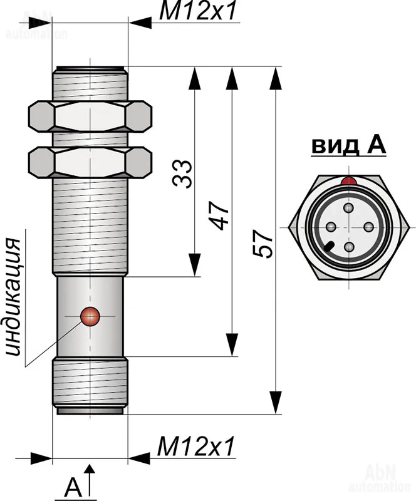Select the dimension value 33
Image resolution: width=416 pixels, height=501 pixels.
click(x=182, y=173)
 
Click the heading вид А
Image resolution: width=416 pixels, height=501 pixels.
click(x=348, y=146)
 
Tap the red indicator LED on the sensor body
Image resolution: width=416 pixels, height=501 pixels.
click(x=91, y=317)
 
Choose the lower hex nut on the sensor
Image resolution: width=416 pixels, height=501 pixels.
click(x=90, y=162)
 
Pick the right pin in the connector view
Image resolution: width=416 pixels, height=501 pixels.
click(x=368, y=227)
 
